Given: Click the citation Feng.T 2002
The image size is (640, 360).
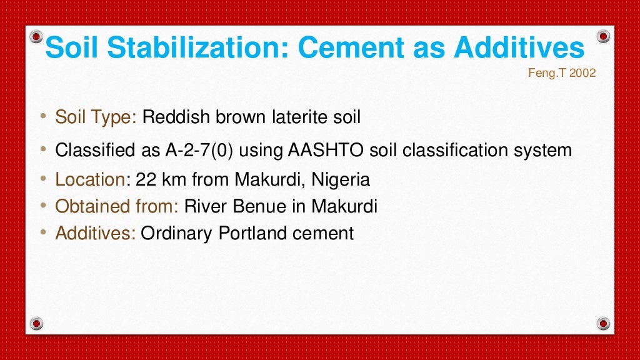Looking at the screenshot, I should pos(562,73).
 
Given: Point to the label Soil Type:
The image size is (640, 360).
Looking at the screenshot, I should pos(96,117).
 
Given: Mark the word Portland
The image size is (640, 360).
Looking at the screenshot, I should pos(252,233).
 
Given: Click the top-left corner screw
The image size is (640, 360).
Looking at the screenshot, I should pos(37,36).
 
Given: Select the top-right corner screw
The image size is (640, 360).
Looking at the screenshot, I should pos(602,36).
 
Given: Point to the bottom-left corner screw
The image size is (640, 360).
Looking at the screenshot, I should pos(37,323).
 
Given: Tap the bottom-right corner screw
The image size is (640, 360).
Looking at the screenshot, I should pos(602,323).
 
